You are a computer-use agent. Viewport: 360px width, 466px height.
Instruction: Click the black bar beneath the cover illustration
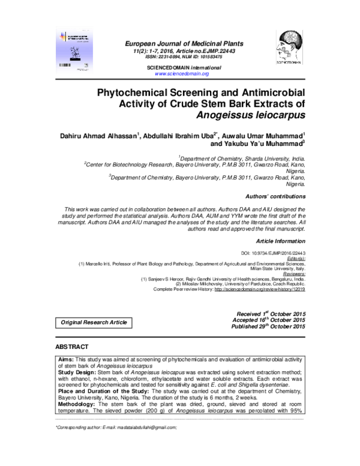[x=76, y=61]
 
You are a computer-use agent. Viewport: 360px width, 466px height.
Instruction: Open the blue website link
[x=182, y=74]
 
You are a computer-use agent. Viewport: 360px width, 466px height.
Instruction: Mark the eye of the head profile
[x=283, y=44]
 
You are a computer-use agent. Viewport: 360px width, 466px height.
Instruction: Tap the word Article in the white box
[x=119, y=323]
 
